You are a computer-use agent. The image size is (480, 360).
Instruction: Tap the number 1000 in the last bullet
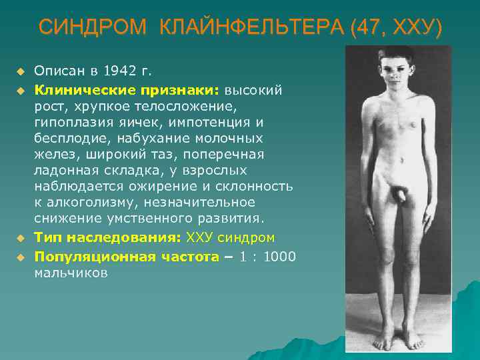coord(279,256)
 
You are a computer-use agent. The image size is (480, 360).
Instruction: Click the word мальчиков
coord(70,272)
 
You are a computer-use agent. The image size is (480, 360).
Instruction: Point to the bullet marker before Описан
coord(21,71)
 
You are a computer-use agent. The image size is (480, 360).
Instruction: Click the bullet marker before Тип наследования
coord(21,237)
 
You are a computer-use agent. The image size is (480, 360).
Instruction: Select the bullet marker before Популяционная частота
coord(21,256)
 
